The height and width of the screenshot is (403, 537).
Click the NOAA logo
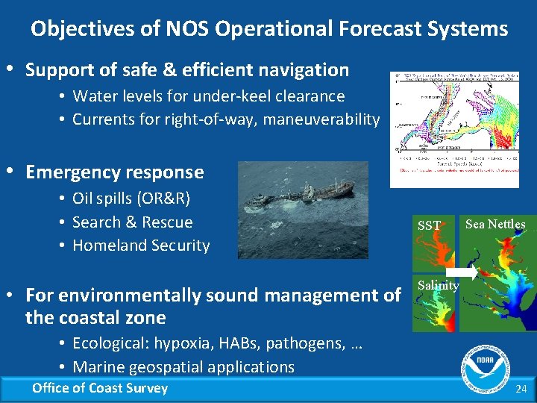[x=485, y=365]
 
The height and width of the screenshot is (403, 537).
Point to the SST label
[x=429, y=225]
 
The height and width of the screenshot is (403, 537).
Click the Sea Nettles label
[x=495, y=224]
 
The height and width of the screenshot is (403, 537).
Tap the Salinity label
[x=438, y=285]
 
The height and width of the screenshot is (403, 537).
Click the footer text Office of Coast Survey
[x=100, y=387]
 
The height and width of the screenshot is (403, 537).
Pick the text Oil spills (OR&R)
[x=131, y=199]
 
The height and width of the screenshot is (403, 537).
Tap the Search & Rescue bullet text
[x=132, y=222]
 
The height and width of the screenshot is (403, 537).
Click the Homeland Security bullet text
[x=141, y=245]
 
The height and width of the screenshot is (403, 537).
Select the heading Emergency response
[x=114, y=172]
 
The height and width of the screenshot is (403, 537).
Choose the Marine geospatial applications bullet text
[x=183, y=366]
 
